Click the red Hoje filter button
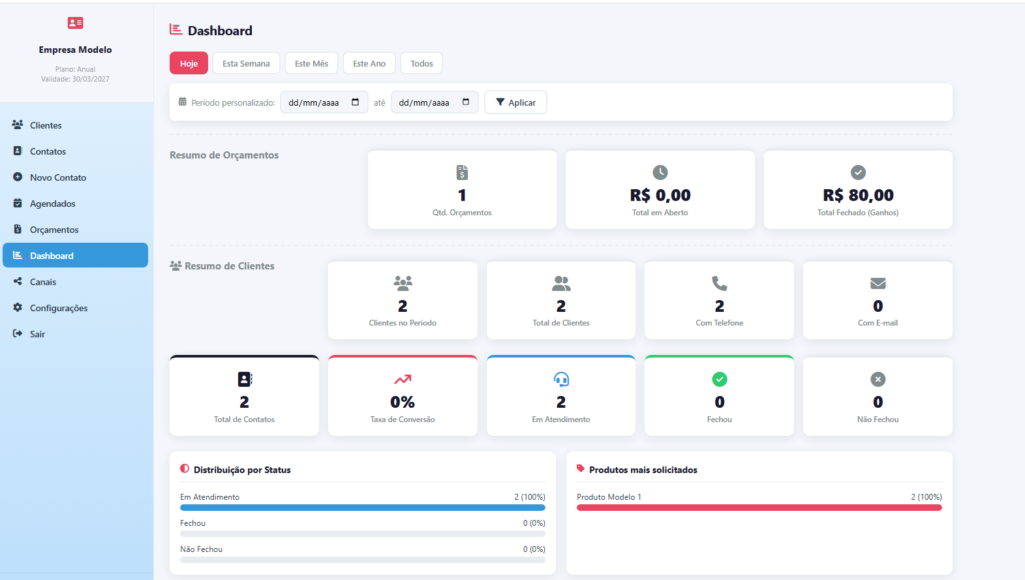(189, 63)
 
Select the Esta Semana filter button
(246, 63)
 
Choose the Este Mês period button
(311, 63)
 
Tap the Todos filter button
(421, 63)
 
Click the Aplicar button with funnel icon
(515, 102)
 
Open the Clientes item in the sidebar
(46, 125)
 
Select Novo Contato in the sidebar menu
(57, 177)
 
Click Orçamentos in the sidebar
(54, 230)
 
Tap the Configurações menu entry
(59, 308)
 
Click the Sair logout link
(37, 334)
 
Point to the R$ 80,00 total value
(858, 195)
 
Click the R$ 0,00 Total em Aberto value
(660, 195)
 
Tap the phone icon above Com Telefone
(719, 283)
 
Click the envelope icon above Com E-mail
(878, 283)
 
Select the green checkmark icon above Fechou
(719, 379)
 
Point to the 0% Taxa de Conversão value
(403, 402)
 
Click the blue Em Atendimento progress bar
(362, 508)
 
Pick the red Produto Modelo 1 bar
(759, 508)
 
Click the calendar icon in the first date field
(356, 102)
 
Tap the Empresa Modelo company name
(75, 50)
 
